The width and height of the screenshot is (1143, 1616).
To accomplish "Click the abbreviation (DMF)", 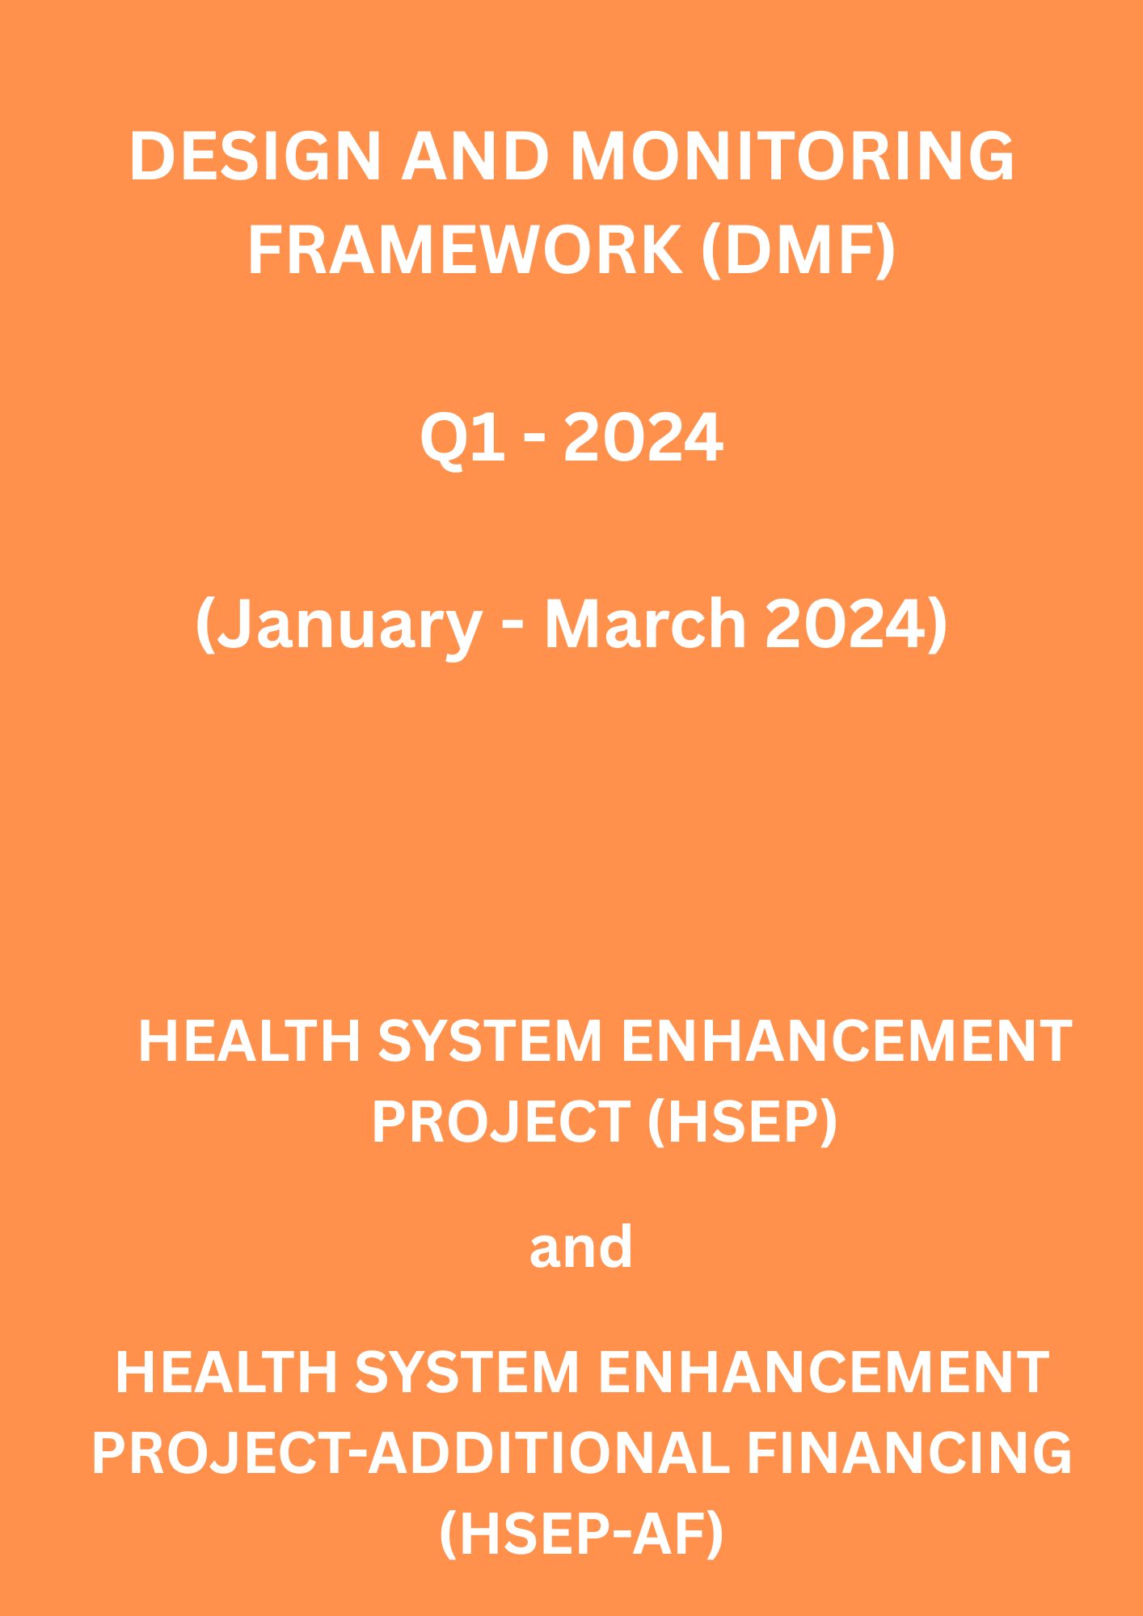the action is pos(798,251).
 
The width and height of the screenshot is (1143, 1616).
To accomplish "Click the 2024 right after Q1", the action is pos(643,437).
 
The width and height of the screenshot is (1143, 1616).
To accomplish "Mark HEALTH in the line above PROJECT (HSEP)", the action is pos(249,1041).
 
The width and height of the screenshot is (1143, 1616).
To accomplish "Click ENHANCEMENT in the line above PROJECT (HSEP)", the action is pos(846,1041).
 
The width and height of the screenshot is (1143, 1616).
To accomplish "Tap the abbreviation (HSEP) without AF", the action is pos(742,1122).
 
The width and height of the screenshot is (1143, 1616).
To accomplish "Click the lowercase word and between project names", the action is pos(580,1246).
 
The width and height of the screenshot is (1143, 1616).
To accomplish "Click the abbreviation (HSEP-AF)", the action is pos(581,1535).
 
